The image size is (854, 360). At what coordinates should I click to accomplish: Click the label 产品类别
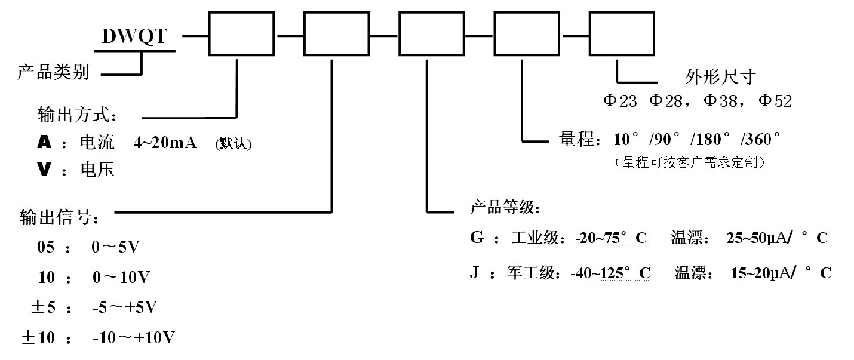pyautogui.click(x=53, y=73)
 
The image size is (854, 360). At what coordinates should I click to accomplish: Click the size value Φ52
pyautogui.click(x=775, y=101)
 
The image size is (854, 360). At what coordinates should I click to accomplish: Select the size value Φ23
pyautogui.click(x=620, y=101)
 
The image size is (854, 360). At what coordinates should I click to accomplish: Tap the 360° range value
pyautogui.click(x=760, y=140)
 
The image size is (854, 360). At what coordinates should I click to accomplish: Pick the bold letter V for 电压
pyautogui.click(x=43, y=170)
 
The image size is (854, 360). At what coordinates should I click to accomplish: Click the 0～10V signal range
pyautogui.click(x=121, y=277)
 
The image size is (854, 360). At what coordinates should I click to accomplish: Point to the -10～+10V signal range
pyautogui.click(x=134, y=338)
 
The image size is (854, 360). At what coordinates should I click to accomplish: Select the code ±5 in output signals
pyautogui.click(x=43, y=307)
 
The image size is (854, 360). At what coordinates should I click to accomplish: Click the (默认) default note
pyautogui.click(x=233, y=144)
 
